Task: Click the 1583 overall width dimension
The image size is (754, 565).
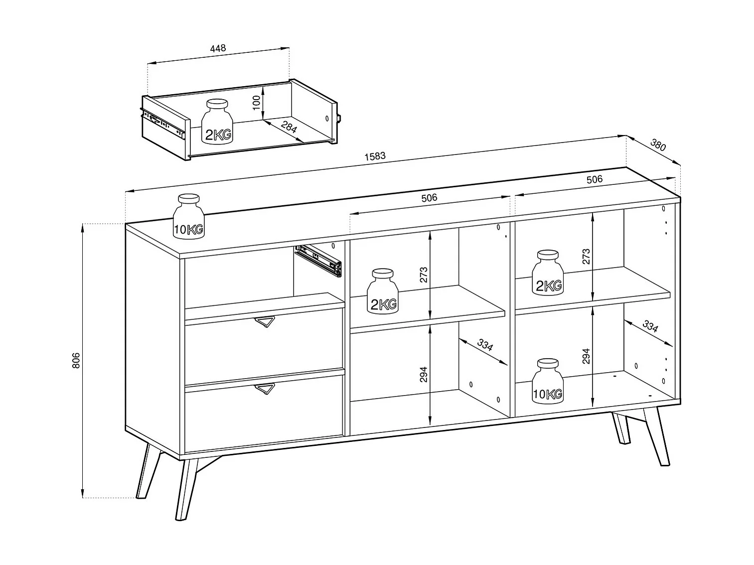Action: (x=375, y=156)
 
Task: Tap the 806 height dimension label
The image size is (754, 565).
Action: (x=76, y=361)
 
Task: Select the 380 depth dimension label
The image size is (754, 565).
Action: (x=658, y=145)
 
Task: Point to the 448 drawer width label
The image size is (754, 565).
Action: (x=218, y=48)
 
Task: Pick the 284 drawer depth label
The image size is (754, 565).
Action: (x=289, y=127)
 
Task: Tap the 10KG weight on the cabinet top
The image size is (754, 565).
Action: (x=188, y=216)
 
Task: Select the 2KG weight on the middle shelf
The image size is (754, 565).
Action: (x=383, y=291)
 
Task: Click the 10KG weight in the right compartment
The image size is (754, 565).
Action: (x=548, y=381)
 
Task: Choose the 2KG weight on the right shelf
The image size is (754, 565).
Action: (x=548, y=273)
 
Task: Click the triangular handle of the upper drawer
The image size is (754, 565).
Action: (x=265, y=322)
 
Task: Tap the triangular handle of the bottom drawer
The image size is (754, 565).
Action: (x=265, y=389)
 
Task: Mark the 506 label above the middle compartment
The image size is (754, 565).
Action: (x=429, y=198)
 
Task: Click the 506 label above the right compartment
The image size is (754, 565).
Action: (x=594, y=179)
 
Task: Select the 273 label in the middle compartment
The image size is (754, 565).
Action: (x=424, y=275)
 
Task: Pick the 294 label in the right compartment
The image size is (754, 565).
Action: (x=586, y=356)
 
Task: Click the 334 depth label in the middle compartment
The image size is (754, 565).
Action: (x=485, y=345)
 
